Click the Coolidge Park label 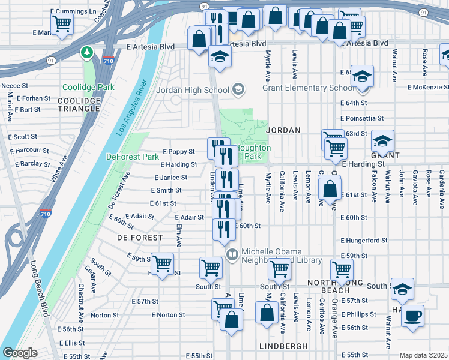pos(87,87)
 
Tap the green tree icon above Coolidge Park pos(88,53)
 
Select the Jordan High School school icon pos(238,91)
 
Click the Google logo pos(20,353)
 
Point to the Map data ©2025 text pos(423,355)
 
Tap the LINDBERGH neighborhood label pos(283,346)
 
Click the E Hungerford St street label pos(363,240)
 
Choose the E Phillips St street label pos(358,314)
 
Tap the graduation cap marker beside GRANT pos(382,141)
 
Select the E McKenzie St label pos(427,88)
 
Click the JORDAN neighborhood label pos(283,130)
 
